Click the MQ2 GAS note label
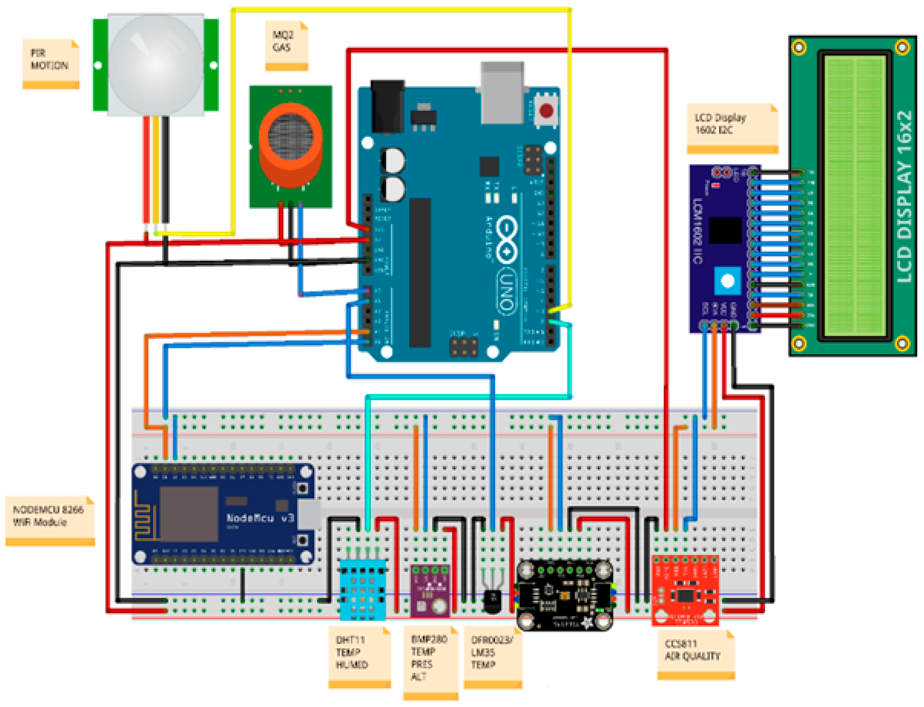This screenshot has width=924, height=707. (286, 44)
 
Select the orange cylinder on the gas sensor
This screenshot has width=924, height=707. (290, 145)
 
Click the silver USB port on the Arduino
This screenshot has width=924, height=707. (502, 95)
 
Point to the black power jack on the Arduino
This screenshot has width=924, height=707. (387, 107)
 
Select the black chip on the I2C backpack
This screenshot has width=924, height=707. (725, 230)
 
